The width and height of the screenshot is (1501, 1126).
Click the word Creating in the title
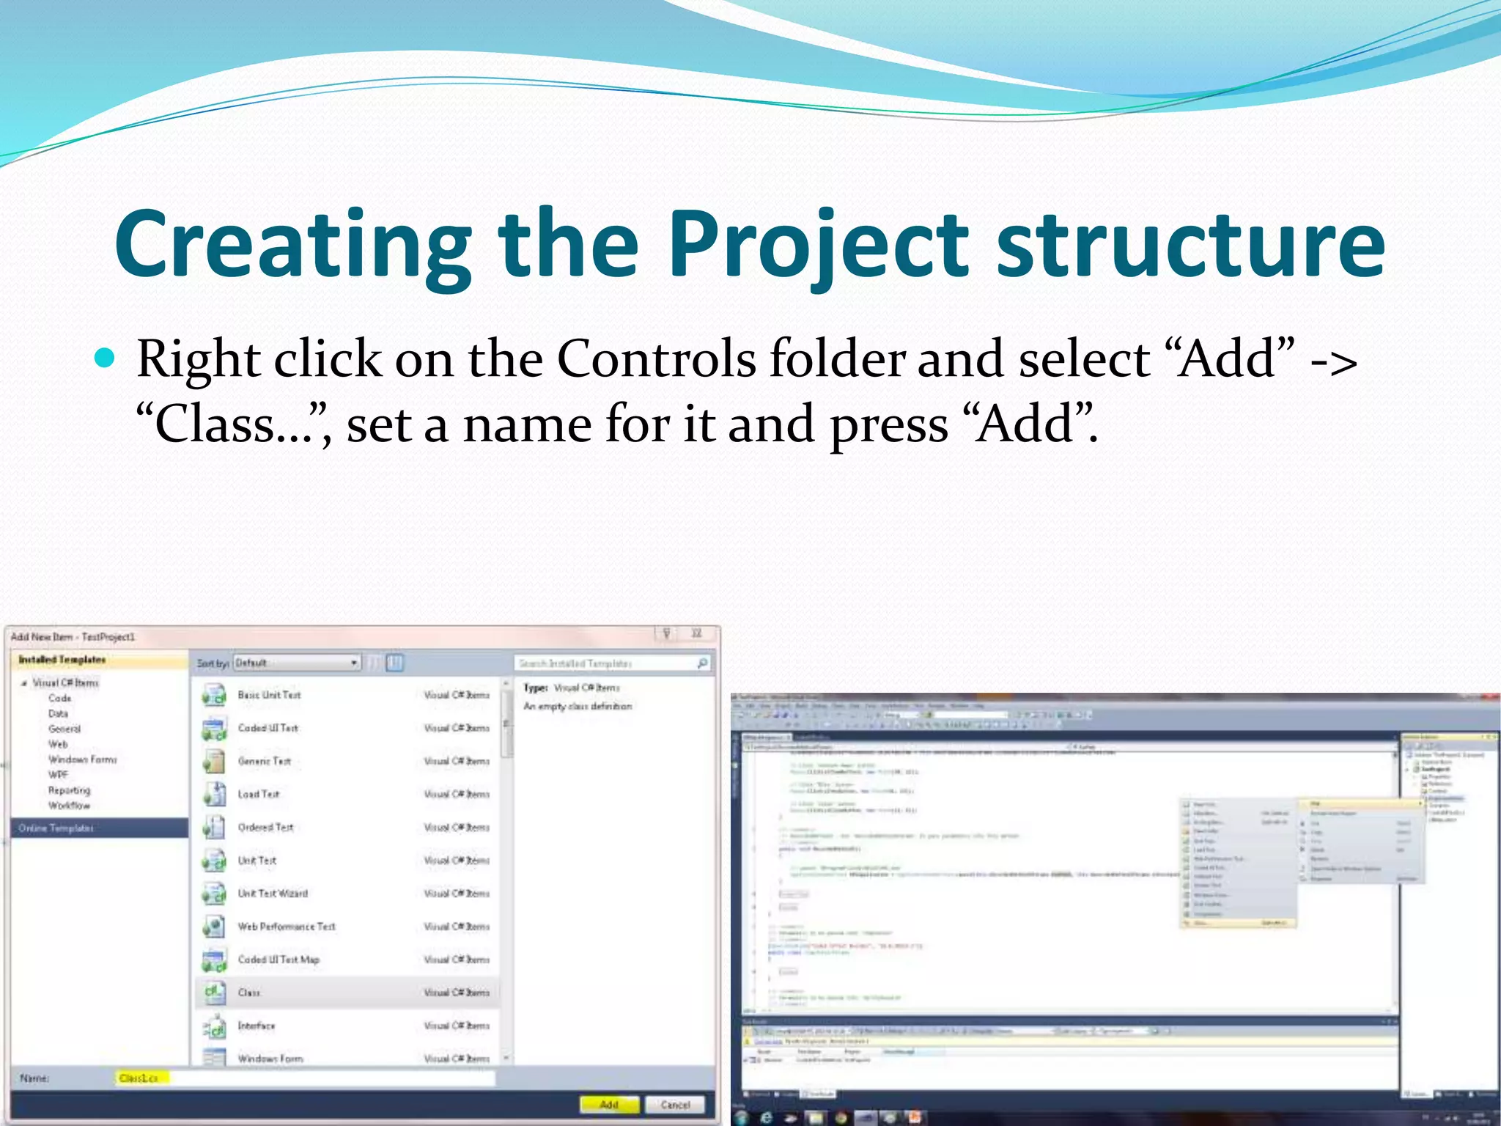pyautogui.click(x=293, y=246)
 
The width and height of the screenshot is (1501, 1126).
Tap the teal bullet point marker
pyautogui.click(x=106, y=358)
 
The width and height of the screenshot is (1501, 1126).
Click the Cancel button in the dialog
pyautogui.click(x=674, y=1104)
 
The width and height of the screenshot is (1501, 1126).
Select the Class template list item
pyautogui.click(x=249, y=993)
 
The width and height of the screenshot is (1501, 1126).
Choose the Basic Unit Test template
pyautogui.click(x=269, y=694)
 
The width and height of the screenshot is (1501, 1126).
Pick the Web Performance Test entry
pyautogui.click(x=286, y=927)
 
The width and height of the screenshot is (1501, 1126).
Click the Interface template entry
pyautogui.click(x=256, y=1026)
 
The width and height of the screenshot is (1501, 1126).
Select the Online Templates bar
pyautogui.click(x=99, y=828)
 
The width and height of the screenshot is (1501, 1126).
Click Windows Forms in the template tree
pyautogui.click(x=82, y=759)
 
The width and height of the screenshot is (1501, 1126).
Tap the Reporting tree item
pyautogui.click(x=69, y=790)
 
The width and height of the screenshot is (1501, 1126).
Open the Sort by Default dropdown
pyautogui.click(x=297, y=663)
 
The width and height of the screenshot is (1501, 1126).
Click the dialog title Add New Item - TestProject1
pyautogui.click(x=73, y=636)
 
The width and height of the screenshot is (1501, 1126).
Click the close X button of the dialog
pyautogui.click(x=696, y=633)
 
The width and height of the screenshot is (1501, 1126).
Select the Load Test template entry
pyautogui.click(x=258, y=794)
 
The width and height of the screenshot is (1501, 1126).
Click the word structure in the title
pyautogui.click(x=1191, y=246)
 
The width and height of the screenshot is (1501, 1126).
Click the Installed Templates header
pyautogui.click(x=62, y=660)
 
